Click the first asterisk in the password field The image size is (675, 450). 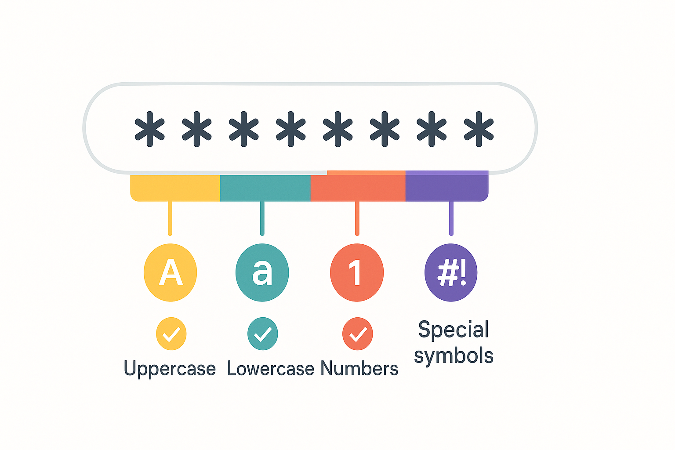[x=150, y=129]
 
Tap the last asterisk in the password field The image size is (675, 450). [x=479, y=129]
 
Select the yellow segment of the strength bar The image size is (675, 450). [x=175, y=188]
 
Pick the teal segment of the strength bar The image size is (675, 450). [x=265, y=188]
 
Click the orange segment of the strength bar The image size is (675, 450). [x=358, y=186]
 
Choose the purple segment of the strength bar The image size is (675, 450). [x=447, y=186]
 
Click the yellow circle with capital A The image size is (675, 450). [x=170, y=272]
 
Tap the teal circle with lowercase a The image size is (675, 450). [x=262, y=272]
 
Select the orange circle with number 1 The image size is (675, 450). [x=357, y=272]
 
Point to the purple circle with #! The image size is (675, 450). [x=451, y=272]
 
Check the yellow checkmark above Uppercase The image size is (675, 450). [x=171, y=334]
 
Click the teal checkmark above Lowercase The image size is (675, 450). [x=263, y=334]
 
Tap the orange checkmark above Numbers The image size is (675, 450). [x=358, y=334]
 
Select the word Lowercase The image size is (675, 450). [x=271, y=369]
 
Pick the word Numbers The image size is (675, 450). [x=359, y=368]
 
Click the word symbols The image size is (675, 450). [x=454, y=356]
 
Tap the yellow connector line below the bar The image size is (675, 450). [x=170, y=218]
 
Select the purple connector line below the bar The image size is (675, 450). [x=451, y=218]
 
